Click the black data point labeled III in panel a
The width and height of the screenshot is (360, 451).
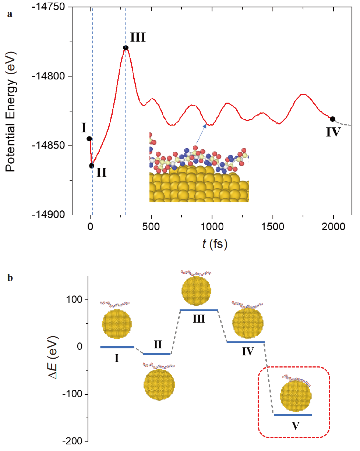[126, 48]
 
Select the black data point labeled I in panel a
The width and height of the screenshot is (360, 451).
[89, 139]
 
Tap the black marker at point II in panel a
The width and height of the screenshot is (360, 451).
[92, 166]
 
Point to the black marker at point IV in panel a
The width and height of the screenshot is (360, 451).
[332, 119]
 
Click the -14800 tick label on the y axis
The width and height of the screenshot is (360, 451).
[52, 77]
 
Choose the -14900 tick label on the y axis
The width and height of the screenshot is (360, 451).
[52, 215]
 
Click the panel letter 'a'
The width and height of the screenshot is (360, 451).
[10, 14]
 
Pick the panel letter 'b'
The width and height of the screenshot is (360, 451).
[10, 278]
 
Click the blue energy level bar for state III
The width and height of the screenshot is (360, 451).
[199, 310]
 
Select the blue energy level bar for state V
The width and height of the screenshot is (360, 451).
[293, 415]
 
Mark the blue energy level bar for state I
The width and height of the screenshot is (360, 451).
[117, 347]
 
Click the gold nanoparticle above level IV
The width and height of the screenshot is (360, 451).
[248, 323]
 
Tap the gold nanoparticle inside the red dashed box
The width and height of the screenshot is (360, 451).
[296, 396]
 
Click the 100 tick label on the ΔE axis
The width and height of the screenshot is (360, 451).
[75, 300]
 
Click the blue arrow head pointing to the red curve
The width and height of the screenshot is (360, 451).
[205, 125]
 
